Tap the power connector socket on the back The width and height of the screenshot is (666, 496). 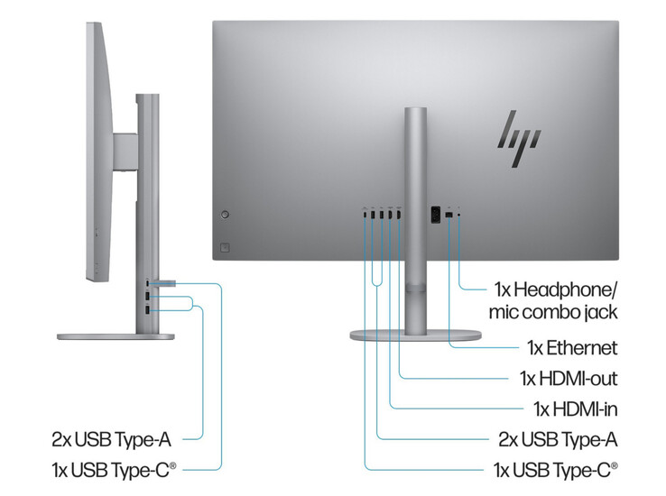(x=434, y=215)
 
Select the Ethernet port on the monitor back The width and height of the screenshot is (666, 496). (x=449, y=215)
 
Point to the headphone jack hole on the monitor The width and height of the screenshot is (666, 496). (x=461, y=214)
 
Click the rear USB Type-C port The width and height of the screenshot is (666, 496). (x=365, y=215)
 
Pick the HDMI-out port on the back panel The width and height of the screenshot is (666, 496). (x=399, y=215)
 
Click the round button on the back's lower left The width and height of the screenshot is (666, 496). (x=225, y=215)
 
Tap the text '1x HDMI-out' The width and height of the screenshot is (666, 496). (x=569, y=378)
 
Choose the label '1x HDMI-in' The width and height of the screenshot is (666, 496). (x=575, y=409)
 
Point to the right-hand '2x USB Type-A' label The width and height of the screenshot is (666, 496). (x=558, y=439)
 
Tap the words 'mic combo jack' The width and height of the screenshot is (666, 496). (x=553, y=313)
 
